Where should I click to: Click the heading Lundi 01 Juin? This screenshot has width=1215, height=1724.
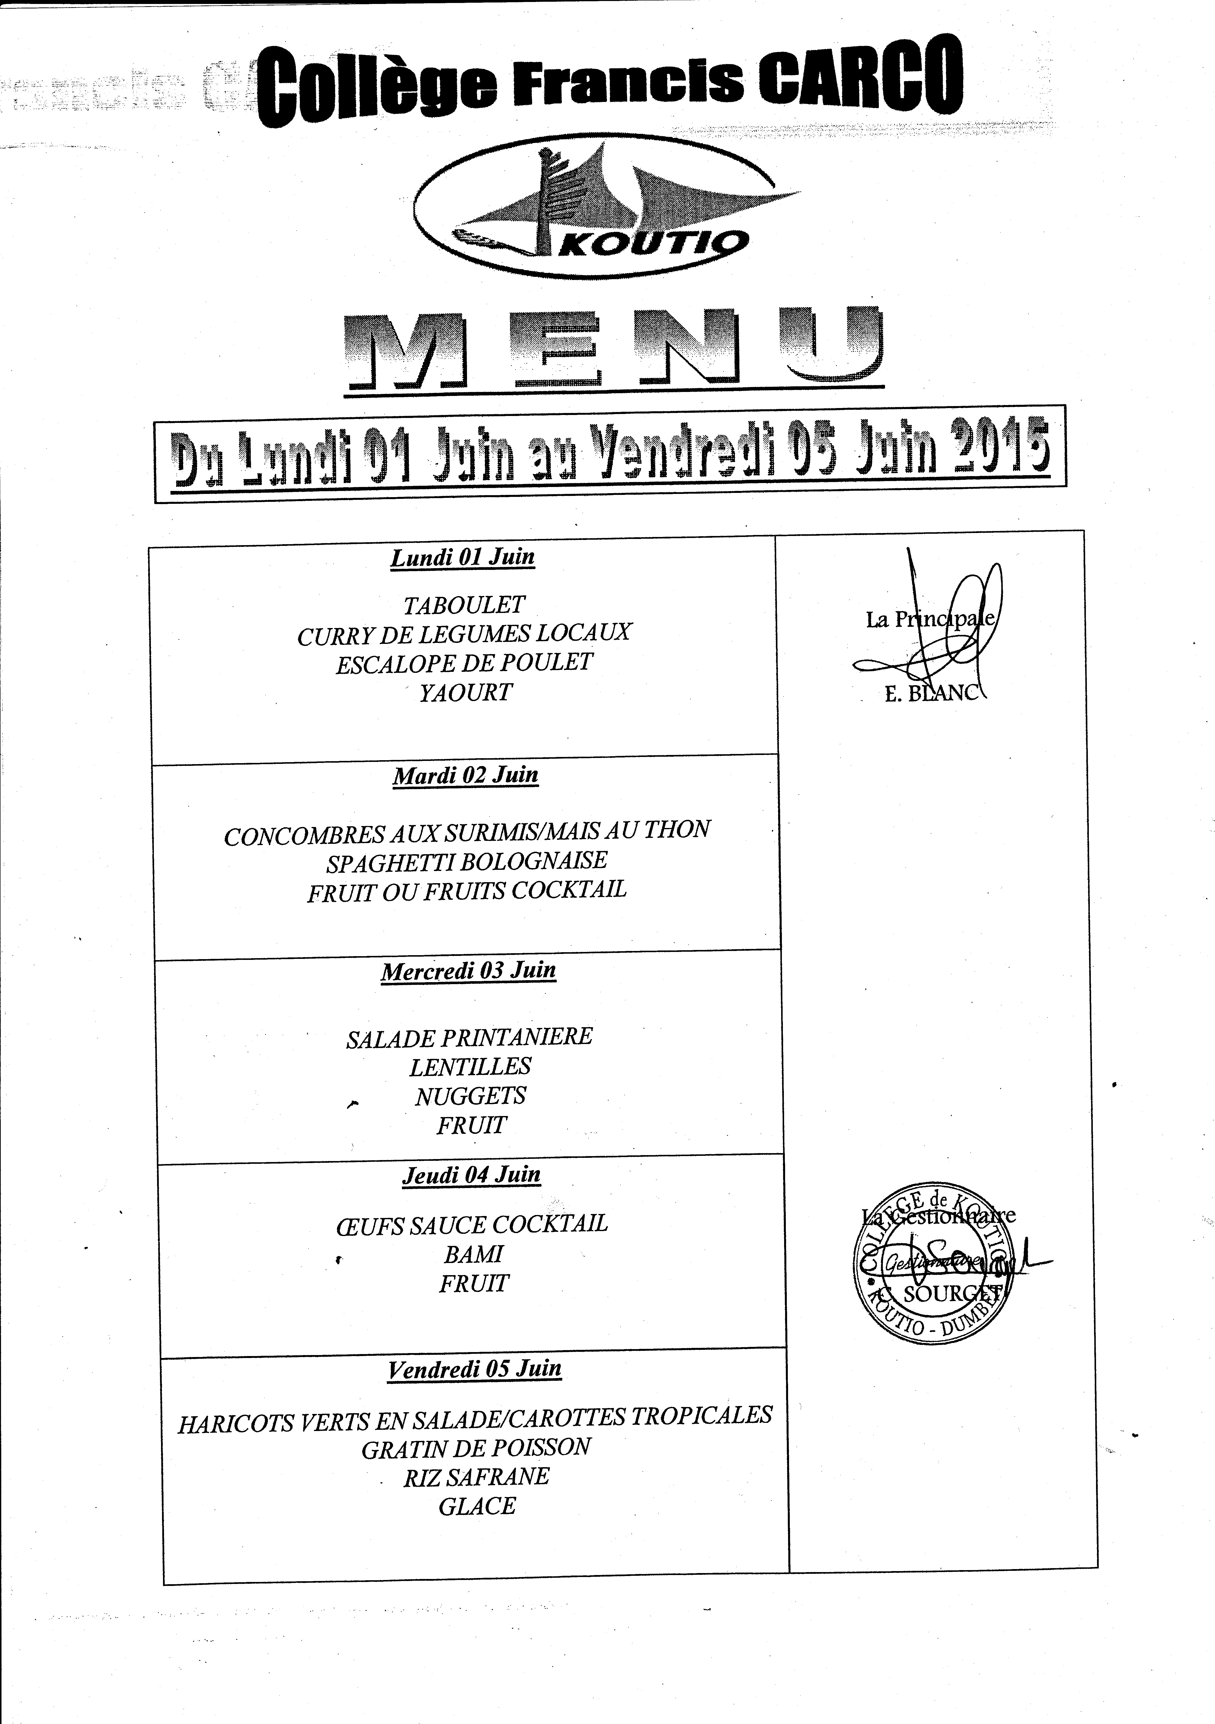463,558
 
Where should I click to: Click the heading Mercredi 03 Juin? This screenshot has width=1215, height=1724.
468,971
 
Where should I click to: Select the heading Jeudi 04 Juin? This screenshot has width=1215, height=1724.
471,1175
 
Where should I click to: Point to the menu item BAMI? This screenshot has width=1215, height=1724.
473,1254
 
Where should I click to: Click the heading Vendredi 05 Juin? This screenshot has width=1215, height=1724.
474,1369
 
